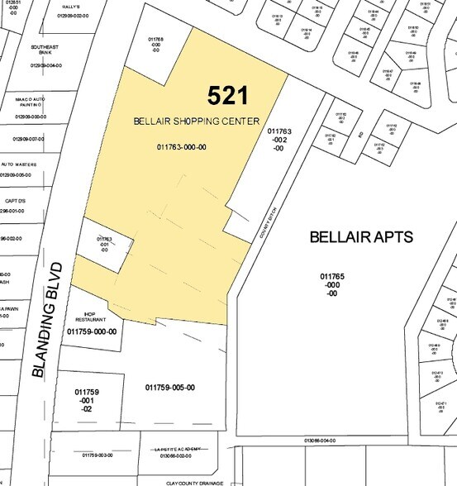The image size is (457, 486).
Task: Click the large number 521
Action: click(228, 96)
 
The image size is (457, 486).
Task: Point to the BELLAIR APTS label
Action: click(361, 237)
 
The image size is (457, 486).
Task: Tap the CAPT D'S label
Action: click(17, 200)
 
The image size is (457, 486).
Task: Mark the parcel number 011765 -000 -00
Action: click(332, 283)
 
